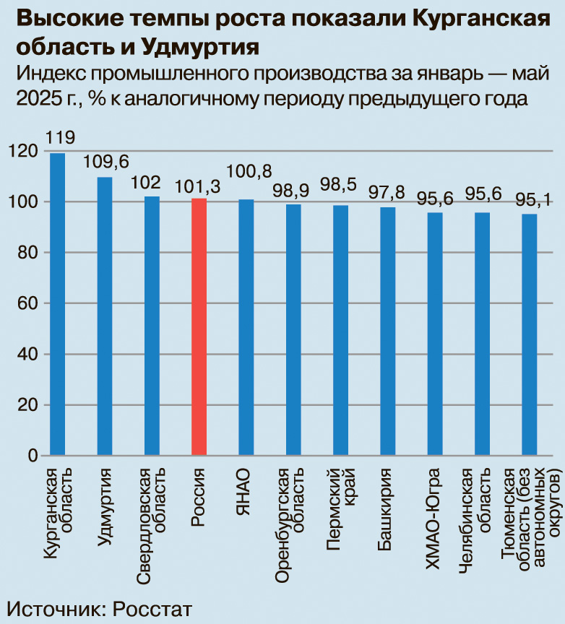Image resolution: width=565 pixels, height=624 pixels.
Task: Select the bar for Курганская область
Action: coord(57,303)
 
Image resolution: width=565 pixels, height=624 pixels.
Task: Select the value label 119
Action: coord(59,138)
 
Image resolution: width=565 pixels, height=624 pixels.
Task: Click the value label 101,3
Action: coord(198,186)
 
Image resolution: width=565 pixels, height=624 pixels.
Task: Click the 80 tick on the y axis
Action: coord(27,252)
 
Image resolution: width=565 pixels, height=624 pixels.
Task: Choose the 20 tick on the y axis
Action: coord(27,405)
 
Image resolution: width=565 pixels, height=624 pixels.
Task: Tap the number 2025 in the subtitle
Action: coord(38,98)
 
